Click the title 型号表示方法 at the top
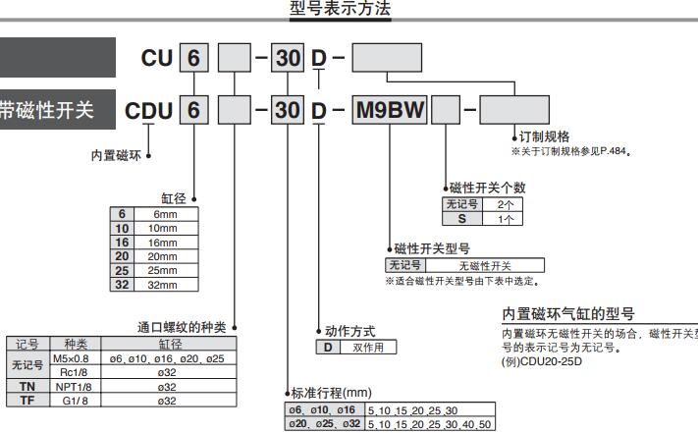tap(341, 8)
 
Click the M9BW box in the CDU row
tap(390, 109)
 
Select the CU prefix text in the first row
tap(158, 59)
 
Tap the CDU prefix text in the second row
tap(149, 109)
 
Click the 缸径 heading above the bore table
tap(174, 198)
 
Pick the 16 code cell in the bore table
tap(123, 242)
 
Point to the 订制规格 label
tap(544, 136)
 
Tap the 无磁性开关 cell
tap(486, 265)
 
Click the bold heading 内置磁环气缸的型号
tap(568, 314)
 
